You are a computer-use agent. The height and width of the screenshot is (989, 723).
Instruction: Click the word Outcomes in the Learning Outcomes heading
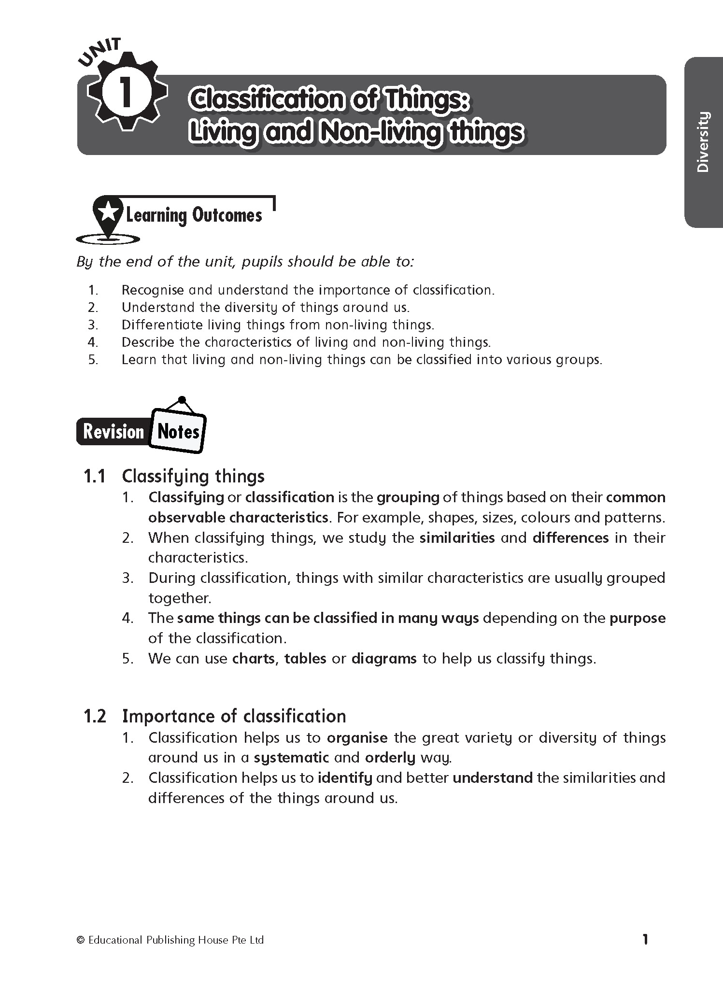(x=227, y=215)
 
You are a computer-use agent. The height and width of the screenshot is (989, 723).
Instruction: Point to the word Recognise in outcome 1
(x=153, y=290)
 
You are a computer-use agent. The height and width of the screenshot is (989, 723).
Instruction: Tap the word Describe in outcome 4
(x=148, y=342)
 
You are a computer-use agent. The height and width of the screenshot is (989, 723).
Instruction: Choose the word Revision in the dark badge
(x=114, y=431)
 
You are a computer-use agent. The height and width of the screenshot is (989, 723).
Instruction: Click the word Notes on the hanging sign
(x=178, y=431)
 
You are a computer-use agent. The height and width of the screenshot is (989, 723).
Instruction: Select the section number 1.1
(x=95, y=476)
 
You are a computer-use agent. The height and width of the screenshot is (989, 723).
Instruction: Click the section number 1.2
(x=95, y=716)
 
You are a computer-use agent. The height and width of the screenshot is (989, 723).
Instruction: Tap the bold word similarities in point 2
(x=457, y=537)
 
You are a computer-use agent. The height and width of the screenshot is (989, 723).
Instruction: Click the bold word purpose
(x=638, y=618)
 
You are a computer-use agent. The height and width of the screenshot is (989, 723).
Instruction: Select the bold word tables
(x=305, y=659)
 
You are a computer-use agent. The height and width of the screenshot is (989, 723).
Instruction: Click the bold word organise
(x=357, y=737)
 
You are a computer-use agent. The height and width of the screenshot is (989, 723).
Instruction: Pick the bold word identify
(x=345, y=777)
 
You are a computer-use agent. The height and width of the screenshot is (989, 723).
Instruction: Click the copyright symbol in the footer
(x=81, y=940)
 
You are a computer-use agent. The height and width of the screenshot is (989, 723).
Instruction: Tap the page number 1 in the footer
(x=645, y=939)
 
